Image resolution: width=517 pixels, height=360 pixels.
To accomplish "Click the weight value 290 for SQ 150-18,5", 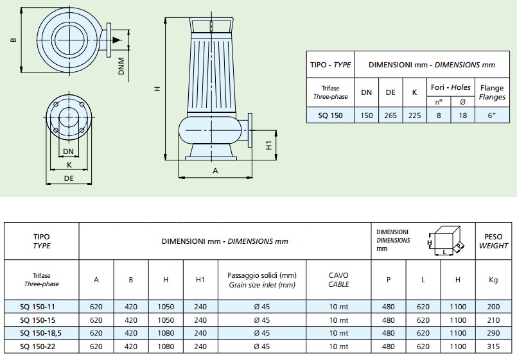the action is pos(493,333).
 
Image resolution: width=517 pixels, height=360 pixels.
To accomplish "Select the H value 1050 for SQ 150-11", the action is pos(166,307).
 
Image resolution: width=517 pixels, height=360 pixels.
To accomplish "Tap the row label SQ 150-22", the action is pos(38,347).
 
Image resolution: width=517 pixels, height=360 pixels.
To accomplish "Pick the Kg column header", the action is pos(493,280).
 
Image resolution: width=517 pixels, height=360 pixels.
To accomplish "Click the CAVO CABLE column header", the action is pos(338,280).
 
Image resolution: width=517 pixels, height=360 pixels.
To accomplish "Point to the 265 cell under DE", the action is pos(390,116).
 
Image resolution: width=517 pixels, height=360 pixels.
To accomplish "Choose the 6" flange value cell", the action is pos(491,116).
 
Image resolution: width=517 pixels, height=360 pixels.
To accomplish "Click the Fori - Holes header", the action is pos(451,87).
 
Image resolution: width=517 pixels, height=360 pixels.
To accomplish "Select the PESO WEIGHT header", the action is pos(493,241).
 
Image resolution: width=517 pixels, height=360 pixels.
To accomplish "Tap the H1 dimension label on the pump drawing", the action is pos(269,145).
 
